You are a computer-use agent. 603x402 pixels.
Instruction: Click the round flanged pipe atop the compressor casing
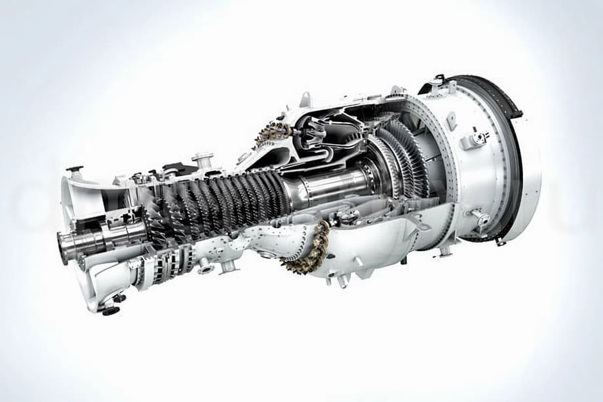[x=202, y=159]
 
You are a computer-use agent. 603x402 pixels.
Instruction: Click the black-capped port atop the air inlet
[x=75, y=170]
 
